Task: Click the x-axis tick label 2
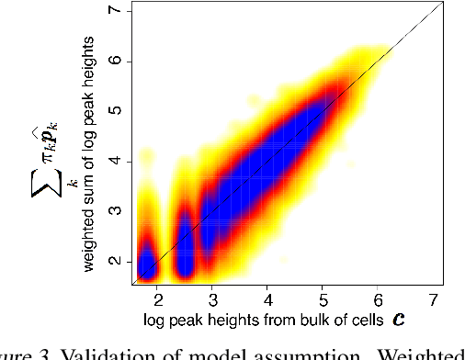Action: point(157,300)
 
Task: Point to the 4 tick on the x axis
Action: point(267,300)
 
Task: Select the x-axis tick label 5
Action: point(323,300)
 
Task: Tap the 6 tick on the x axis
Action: point(378,300)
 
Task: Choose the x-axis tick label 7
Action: point(432,300)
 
